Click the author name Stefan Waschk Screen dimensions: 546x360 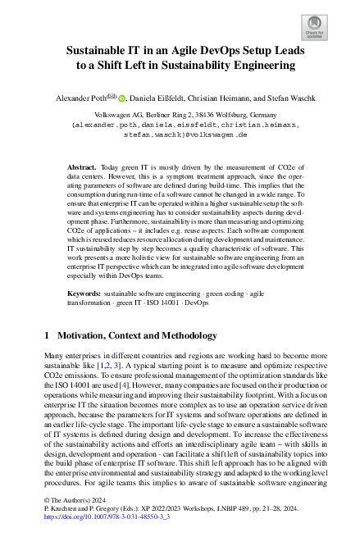click(294, 97)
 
